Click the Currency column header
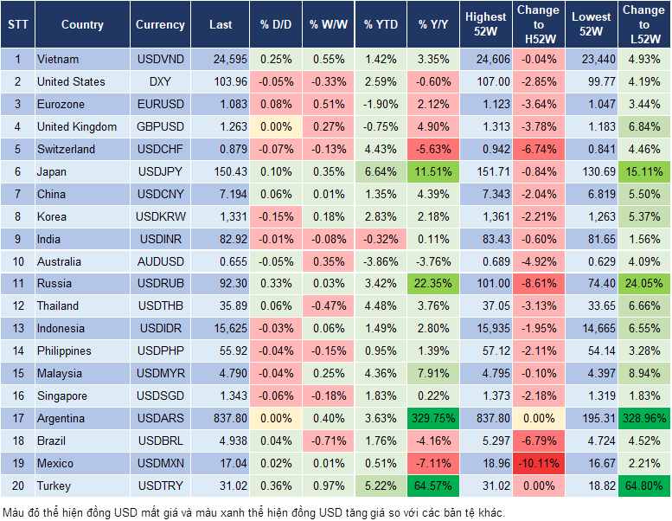(x=160, y=25)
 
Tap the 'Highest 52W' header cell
(x=485, y=25)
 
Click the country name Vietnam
(x=58, y=59)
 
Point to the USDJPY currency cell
(x=160, y=171)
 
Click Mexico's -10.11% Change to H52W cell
(x=538, y=463)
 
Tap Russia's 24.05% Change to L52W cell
(x=643, y=283)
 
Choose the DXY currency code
(x=160, y=81)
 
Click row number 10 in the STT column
(x=17, y=261)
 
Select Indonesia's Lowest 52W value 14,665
(x=592, y=328)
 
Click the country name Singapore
(x=61, y=396)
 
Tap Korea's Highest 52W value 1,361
(x=485, y=216)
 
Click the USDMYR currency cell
(x=160, y=373)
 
